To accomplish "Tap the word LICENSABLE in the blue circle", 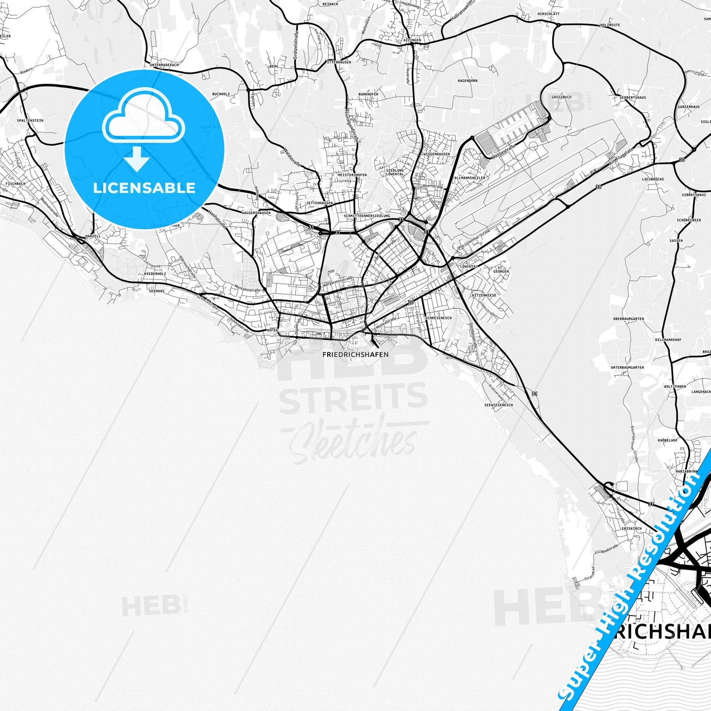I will pos(144,188).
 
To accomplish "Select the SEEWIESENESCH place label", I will pos(498,405).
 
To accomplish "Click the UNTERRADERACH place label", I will pos(164,65).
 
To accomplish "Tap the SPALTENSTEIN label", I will pos(30,120).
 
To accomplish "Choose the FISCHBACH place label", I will pos(16,184).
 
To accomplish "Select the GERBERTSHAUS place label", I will pos(633,97).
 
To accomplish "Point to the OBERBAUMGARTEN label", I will pos(628,319).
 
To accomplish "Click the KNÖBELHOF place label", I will pos(668,440).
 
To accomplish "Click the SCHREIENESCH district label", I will pos(438,318).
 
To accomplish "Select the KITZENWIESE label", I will pos(484,295).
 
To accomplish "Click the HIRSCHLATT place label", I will pos(549,14).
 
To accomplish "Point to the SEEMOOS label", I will pos(156,291).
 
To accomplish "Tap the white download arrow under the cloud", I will pos(137,158).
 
